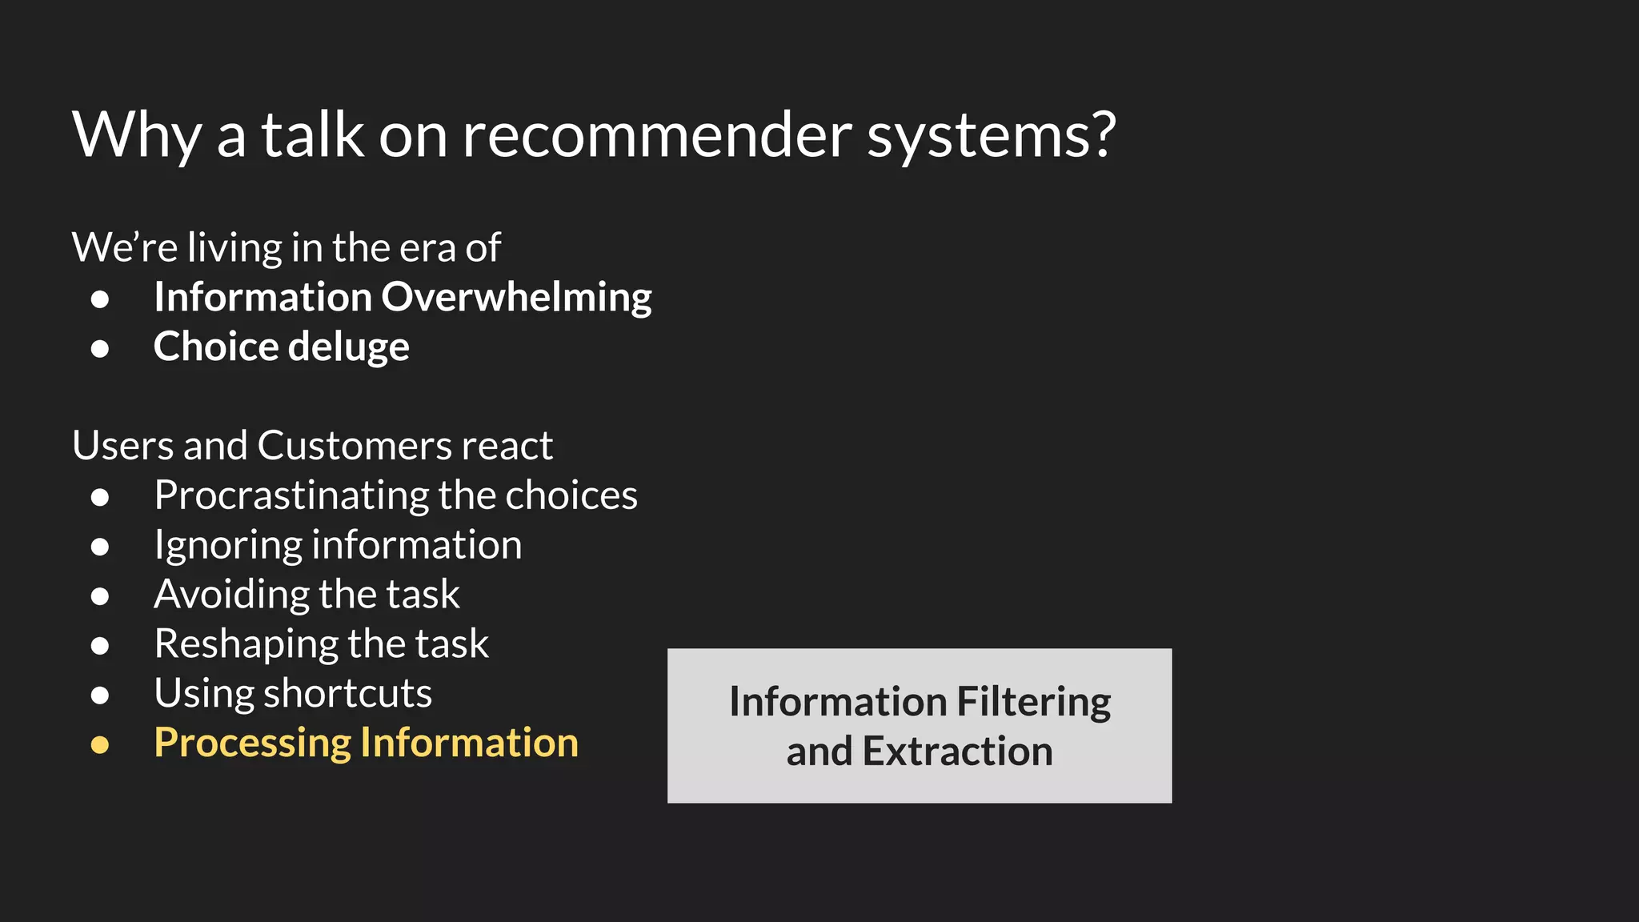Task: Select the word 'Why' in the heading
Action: (x=136, y=136)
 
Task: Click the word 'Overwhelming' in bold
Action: (x=516, y=298)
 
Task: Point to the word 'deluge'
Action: (x=348, y=348)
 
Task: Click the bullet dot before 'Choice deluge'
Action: (x=100, y=349)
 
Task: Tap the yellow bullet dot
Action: (x=100, y=745)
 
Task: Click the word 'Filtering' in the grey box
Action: (x=1034, y=703)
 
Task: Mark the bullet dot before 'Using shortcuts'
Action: (x=100, y=696)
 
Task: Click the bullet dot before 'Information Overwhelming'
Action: (x=100, y=299)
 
